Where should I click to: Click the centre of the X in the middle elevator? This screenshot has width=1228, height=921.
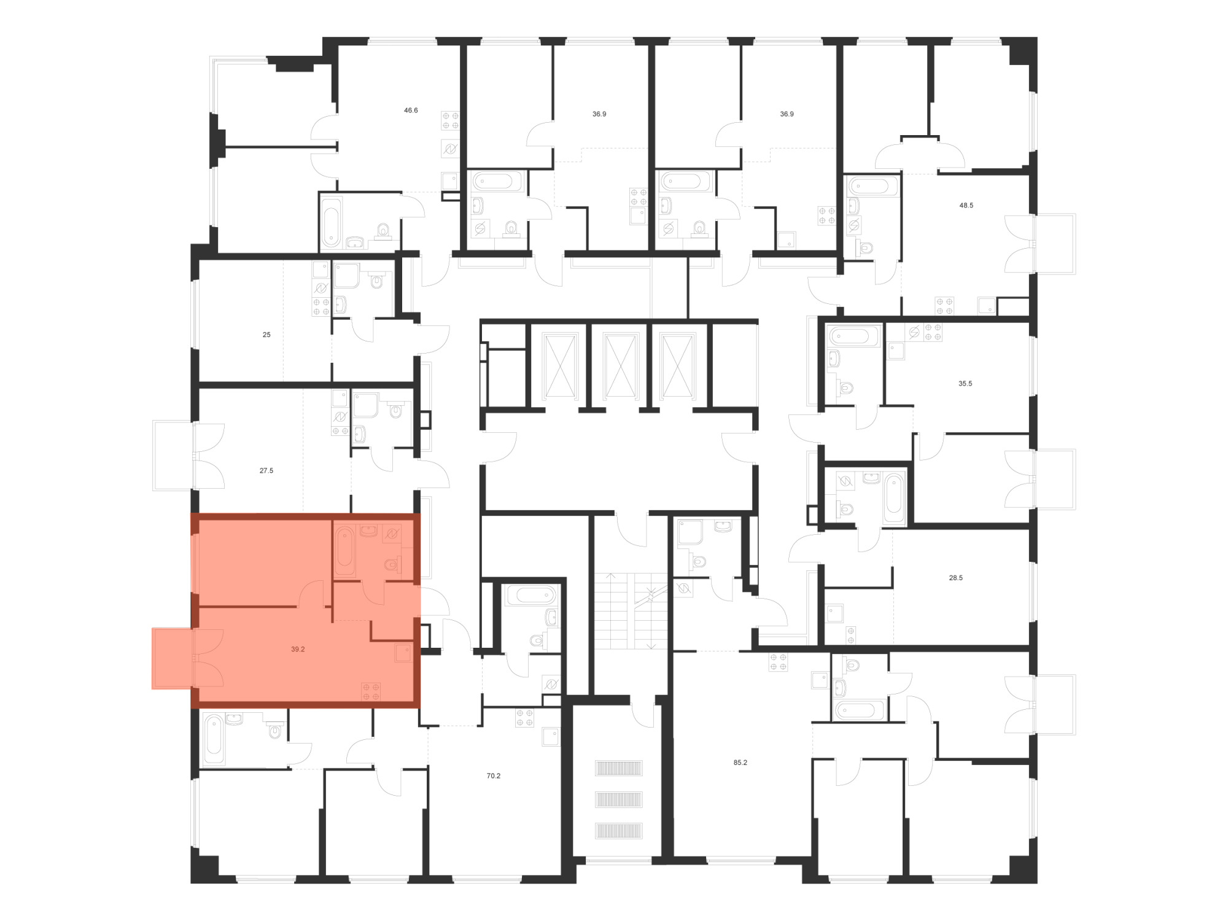pos(621,366)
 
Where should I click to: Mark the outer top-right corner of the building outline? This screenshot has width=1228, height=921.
pos(1037,37)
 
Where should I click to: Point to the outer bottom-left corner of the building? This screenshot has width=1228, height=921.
pos(191,883)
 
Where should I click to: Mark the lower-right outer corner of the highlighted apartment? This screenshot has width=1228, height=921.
pos(420,708)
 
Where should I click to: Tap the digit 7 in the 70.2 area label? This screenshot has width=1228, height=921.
pos(489,776)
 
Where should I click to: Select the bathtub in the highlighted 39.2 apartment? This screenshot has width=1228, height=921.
pos(344,551)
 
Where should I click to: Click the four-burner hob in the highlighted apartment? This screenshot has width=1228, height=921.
pos(371,691)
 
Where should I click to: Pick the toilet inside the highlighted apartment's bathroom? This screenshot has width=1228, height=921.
pos(392,564)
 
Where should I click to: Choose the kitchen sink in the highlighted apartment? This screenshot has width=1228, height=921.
pos(403,653)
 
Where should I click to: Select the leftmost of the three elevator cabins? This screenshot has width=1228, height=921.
pos(560,366)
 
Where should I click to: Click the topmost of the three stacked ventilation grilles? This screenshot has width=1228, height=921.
pos(618,768)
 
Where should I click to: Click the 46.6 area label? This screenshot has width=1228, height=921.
pos(411,111)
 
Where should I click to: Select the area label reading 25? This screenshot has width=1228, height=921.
pos(266,335)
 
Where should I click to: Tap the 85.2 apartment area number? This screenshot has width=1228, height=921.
pos(740,763)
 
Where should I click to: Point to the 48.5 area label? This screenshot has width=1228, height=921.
pos(966,206)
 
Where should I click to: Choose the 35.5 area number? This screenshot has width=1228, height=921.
pos(965,384)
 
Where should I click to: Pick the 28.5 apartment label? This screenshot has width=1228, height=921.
pos(956,578)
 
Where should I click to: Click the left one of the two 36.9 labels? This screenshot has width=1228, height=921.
pos(599,114)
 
